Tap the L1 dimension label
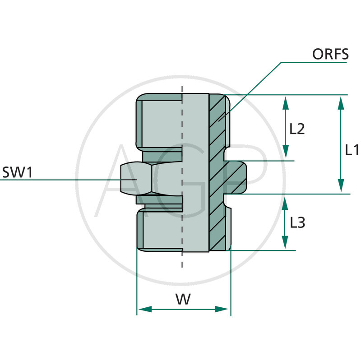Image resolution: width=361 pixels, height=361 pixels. click(x=352, y=150)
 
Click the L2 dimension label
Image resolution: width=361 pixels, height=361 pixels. click(x=297, y=129)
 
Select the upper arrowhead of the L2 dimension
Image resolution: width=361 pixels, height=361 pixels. click(x=285, y=103)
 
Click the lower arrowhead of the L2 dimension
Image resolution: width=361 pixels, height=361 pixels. click(x=285, y=153)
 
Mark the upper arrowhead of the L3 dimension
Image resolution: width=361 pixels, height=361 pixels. click(x=285, y=203)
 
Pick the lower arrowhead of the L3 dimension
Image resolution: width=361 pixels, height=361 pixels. click(x=285, y=243)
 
